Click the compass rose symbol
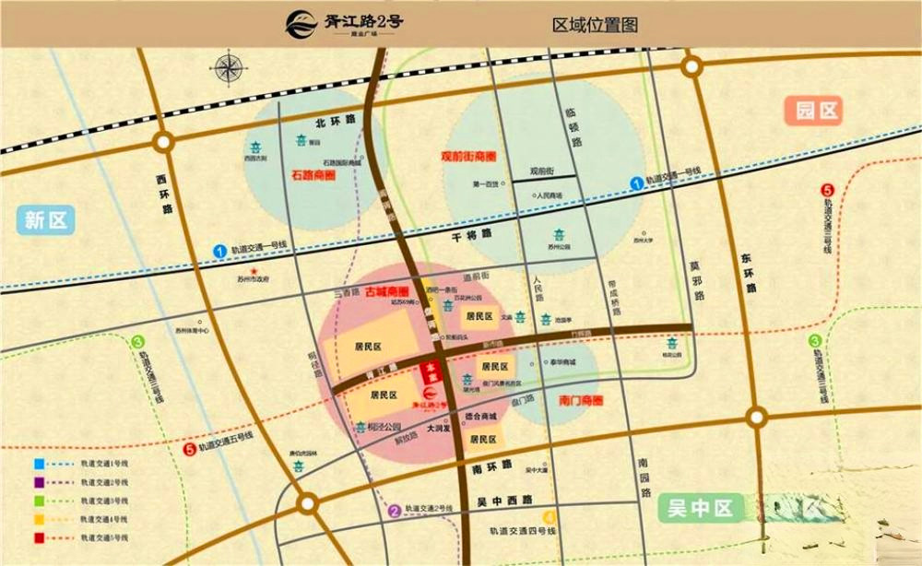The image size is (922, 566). (227, 69)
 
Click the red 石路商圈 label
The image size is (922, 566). (313, 174)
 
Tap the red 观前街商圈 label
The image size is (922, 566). (474, 155)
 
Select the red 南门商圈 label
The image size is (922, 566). (581, 401)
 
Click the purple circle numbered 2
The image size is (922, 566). (394, 511)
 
